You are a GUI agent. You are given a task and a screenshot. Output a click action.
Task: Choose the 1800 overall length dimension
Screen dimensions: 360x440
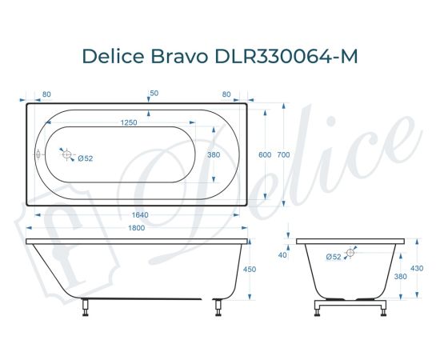pyautogui.click(x=138, y=230)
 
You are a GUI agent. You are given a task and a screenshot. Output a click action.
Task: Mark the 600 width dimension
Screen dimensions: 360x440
pyautogui.click(x=264, y=155)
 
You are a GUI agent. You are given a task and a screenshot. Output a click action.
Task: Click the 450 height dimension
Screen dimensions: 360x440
pyautogui.click(x=249, y=270)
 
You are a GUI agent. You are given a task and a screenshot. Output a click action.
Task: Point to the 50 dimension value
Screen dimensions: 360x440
pyautogui.click(x=154, y=94)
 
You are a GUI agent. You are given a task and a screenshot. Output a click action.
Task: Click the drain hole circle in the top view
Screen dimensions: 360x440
pyautogui.click(x=68, y=156)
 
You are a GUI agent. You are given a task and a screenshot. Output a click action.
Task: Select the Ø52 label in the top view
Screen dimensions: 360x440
pyautogui.click(x=86, y=158)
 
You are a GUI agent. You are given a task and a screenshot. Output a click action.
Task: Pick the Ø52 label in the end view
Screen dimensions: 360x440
pyautogui.click(x=334, y=256)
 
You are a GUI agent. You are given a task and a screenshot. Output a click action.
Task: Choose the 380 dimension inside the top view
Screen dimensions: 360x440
pyautogui.click(x=214, y=155)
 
